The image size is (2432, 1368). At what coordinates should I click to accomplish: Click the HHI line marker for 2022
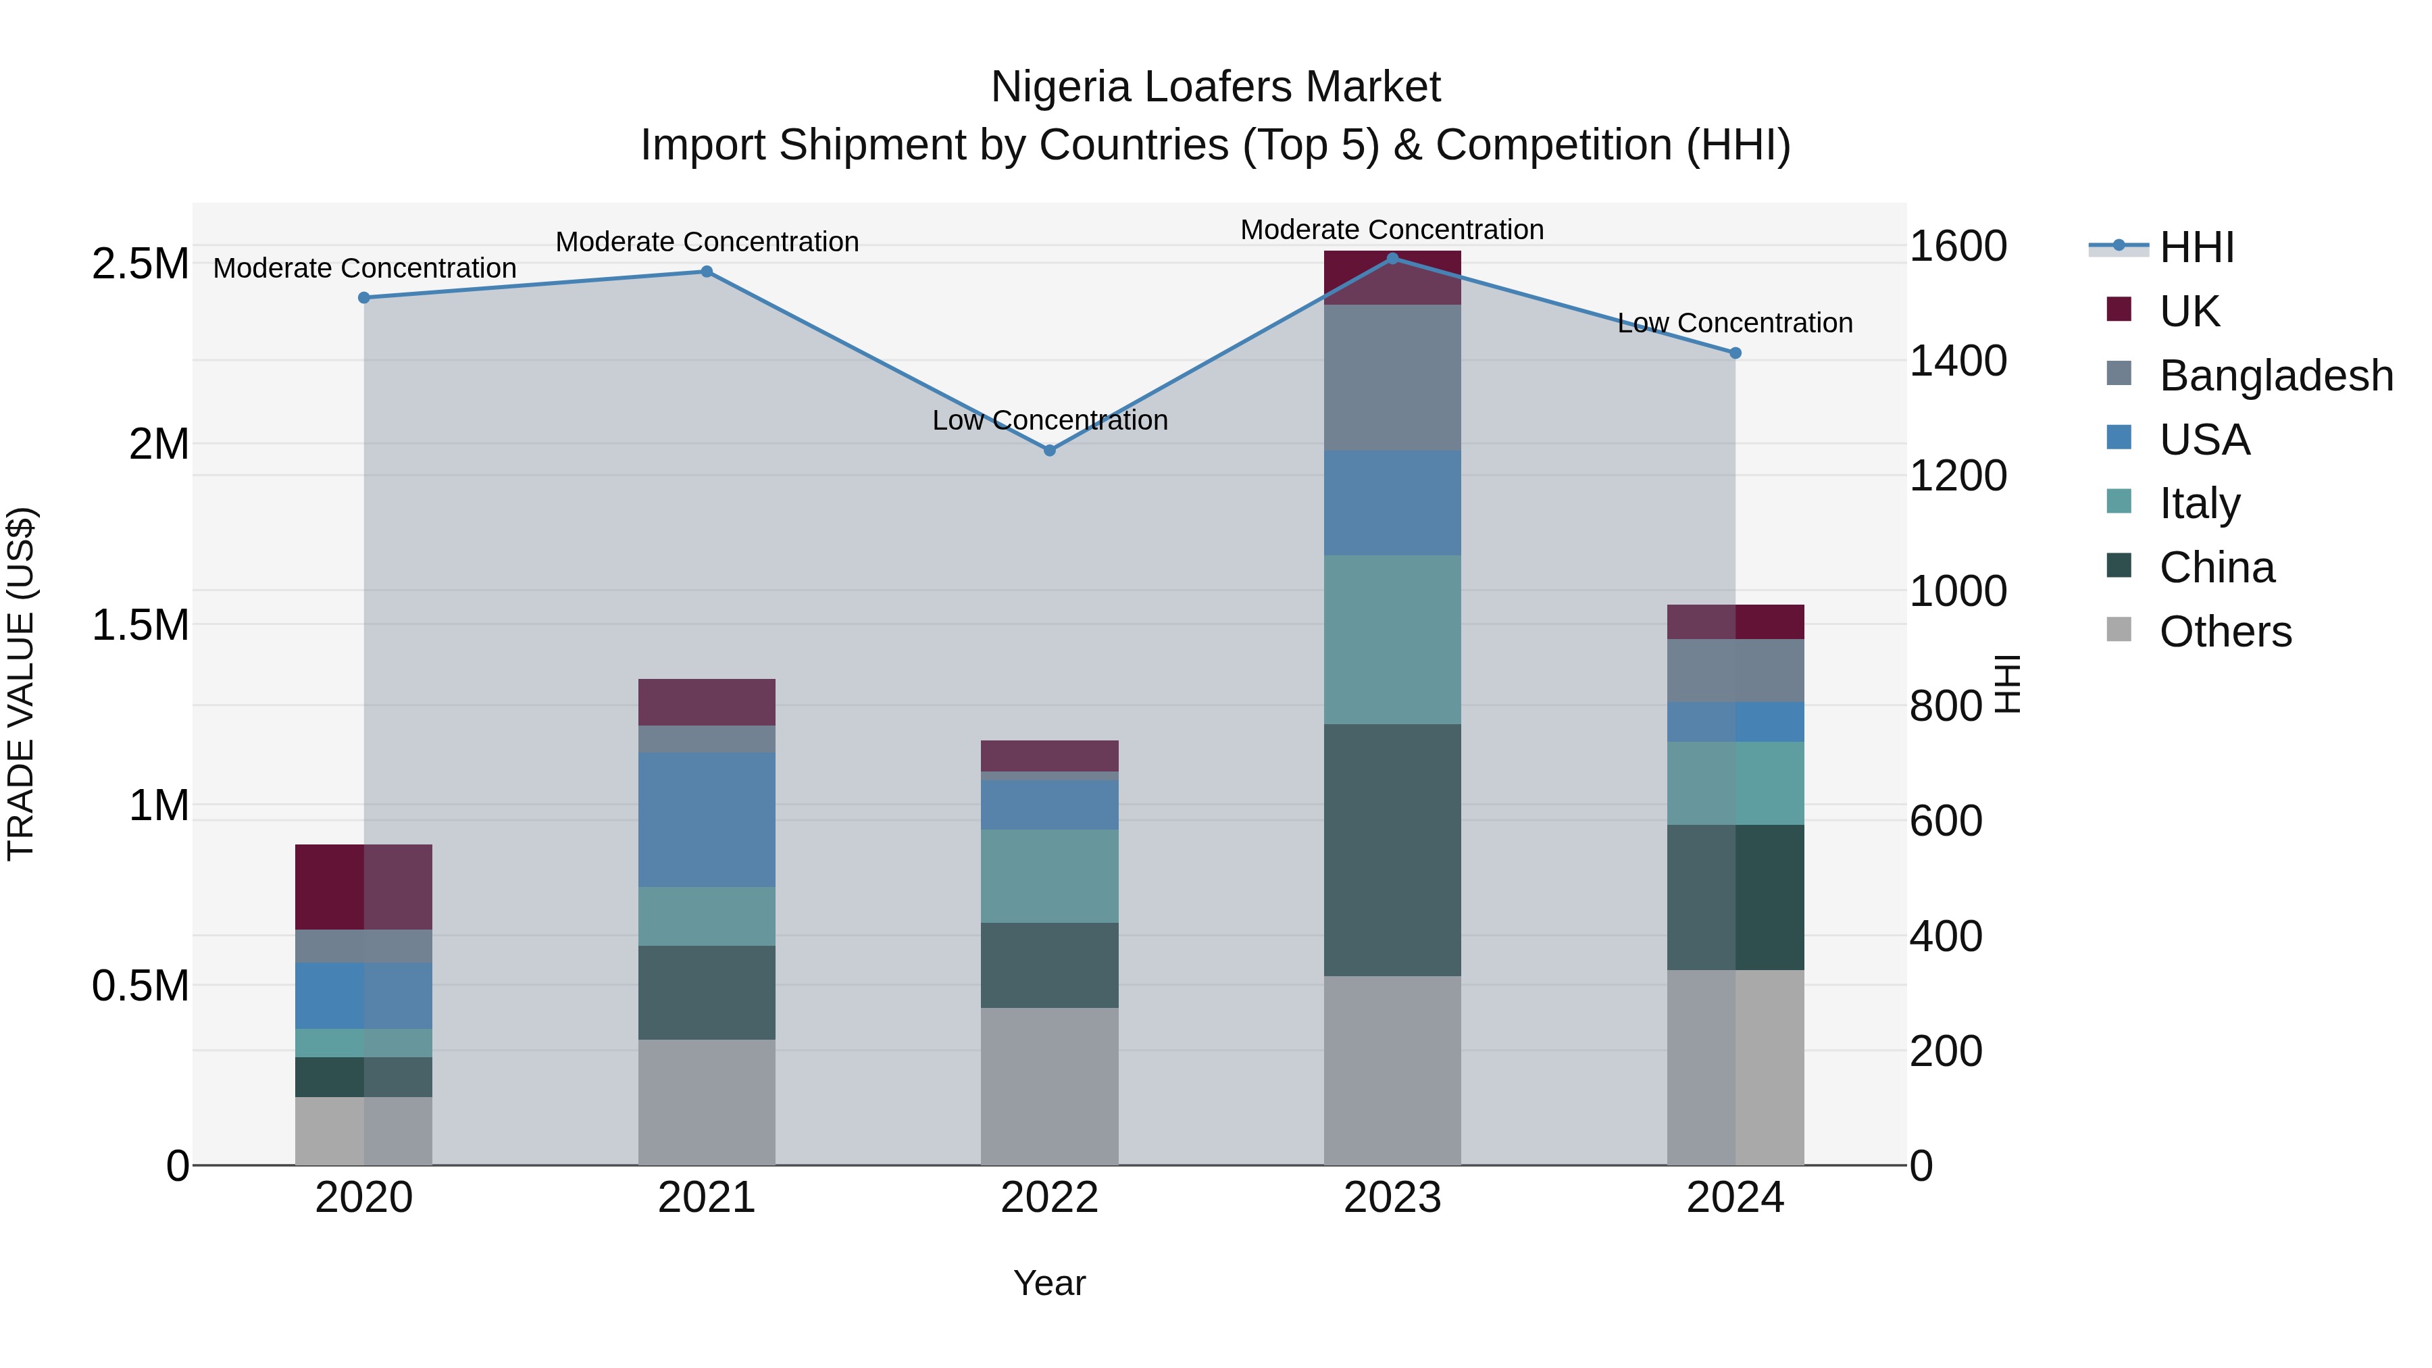coord(1049,451)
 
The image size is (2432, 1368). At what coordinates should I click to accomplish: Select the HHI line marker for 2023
coord(1392,258)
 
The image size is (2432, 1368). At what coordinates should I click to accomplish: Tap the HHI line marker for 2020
coord(363,297)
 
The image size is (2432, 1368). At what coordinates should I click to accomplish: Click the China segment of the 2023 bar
coord(1392,850)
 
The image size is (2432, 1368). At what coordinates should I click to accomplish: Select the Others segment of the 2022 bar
coord(1049,1086)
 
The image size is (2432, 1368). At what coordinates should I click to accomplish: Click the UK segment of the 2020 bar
coord(363,886)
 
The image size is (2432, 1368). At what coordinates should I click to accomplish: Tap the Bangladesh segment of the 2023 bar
coord(1392,377)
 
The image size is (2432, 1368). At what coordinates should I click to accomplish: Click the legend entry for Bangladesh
coord(2275,376)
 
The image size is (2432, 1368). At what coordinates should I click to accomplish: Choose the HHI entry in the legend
coord(2196,247)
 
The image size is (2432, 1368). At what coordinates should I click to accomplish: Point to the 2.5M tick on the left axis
coord(140,264)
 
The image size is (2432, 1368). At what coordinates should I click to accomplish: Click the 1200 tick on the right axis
coord(1957,476)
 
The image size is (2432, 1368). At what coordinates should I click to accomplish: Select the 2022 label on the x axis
coord(1049,1198)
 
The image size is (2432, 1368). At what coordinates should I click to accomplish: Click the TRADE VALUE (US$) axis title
coord(21,684)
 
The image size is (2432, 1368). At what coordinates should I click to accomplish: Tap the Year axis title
coord(1049,1283)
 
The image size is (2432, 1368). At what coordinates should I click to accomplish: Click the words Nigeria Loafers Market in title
coord(1215,87)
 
